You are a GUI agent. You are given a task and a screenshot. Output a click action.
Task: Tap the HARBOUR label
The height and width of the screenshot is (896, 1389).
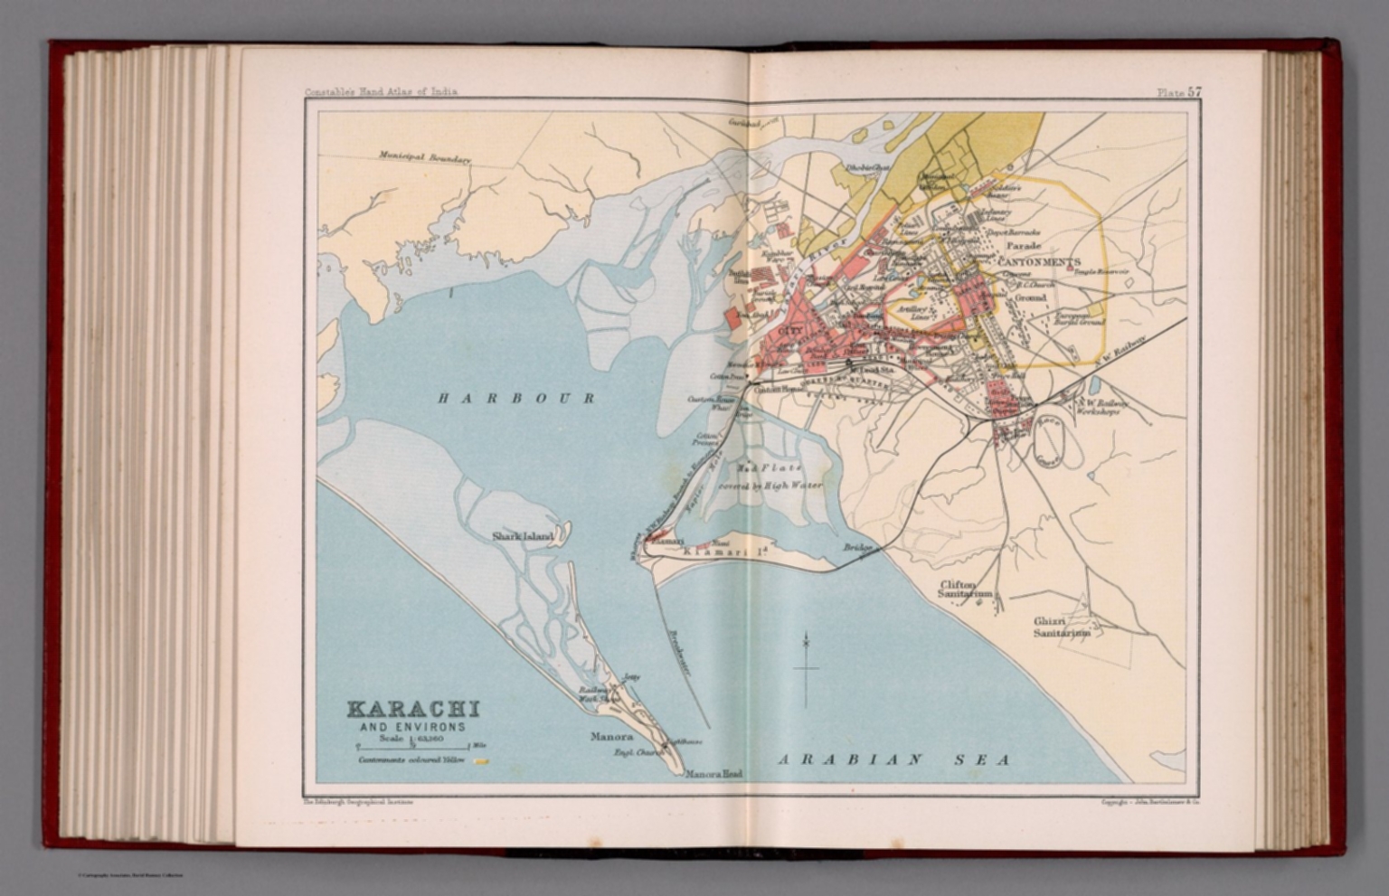click(516, 398)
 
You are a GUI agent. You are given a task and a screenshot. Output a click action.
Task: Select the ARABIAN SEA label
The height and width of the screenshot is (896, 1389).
click(894, 759)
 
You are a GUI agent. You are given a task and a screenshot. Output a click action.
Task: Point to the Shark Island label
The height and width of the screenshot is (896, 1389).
click(522, 536)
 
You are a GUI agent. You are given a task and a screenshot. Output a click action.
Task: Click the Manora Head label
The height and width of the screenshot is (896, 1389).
click(713, 774)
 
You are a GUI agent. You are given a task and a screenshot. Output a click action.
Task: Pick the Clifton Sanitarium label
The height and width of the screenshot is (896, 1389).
click(965, 589)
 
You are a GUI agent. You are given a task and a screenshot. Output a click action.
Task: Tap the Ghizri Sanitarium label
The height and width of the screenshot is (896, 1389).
click(1062, 627)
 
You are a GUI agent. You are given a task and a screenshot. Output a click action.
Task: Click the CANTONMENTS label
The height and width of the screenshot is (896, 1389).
click(1039, 261)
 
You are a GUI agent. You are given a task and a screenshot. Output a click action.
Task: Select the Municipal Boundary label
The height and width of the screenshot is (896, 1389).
click(425, 157)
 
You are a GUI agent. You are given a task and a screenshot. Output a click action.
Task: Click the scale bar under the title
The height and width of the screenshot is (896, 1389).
click(413, 747)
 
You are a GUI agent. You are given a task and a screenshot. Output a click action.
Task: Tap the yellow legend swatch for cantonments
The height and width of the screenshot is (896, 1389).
click(482, 761)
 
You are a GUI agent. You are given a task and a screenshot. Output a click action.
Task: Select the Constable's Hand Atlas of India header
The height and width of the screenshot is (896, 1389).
click(381, 91)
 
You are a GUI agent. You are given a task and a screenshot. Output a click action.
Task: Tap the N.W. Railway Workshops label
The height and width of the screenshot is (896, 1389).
click(1097, 407)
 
